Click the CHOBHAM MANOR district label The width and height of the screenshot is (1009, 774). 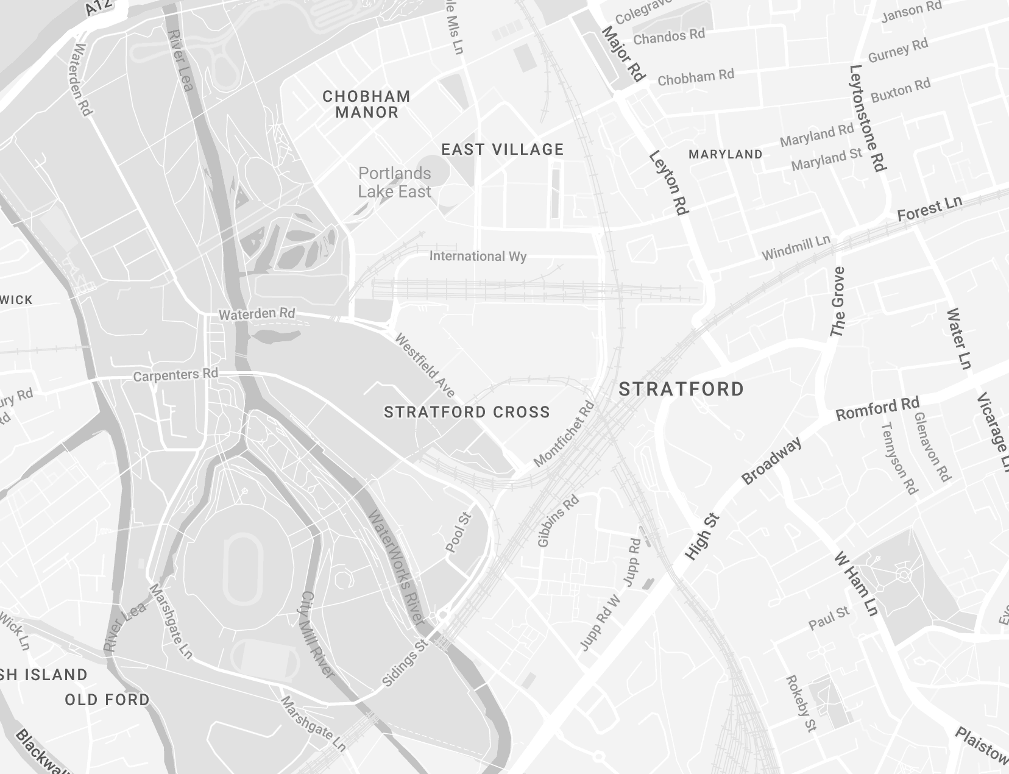366,104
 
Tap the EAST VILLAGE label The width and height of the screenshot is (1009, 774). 503,149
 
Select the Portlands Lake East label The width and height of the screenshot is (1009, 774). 394,182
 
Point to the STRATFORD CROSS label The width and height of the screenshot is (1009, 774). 467,413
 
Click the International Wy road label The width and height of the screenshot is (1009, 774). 478,256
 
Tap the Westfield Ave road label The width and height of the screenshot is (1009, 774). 425,364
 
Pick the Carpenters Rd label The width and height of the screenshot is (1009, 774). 175,375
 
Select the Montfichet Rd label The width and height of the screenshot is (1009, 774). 564,433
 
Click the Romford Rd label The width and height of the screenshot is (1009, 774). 877,409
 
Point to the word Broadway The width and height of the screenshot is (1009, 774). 771,461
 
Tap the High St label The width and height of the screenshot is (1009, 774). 703,537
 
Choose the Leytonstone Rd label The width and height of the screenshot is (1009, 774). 868,118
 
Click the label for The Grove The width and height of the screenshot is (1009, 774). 838,302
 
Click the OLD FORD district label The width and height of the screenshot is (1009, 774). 107,700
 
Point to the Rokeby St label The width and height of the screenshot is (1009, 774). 801,703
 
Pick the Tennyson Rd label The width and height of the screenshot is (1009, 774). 899,458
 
